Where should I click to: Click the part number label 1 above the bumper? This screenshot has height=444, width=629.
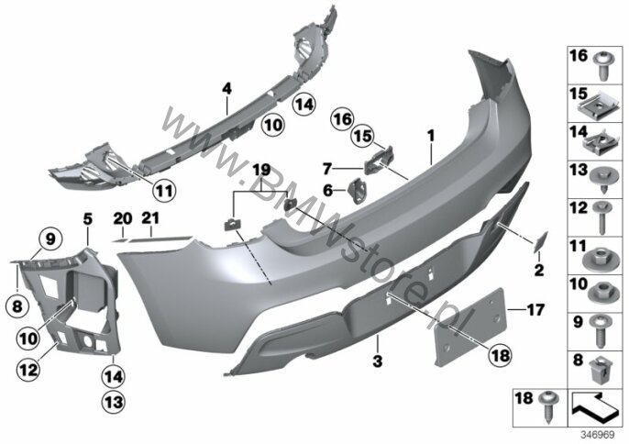tap(431, 136)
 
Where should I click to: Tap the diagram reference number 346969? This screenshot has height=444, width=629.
tap(598, 435)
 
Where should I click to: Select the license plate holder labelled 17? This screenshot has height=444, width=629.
tap(470, 326)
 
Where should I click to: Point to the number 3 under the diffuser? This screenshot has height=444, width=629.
tap(378, 361)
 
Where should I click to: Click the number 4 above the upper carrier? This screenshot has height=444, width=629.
tap(227, 88)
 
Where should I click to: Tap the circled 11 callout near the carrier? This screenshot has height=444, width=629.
tap(164, 190)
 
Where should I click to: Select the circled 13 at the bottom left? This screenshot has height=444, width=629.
tap(114, 402)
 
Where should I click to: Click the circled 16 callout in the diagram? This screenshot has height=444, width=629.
tap(342, 119)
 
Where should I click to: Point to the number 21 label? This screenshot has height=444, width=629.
tap(150, 218)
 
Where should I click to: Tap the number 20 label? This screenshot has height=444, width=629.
tap(123, 218)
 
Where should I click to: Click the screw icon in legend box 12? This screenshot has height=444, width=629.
tap(602, 217)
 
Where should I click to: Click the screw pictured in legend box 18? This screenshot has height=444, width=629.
tap(548, 405)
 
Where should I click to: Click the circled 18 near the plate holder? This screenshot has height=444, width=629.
tap(501, 355)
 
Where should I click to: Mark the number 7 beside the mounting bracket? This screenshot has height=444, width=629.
tap(327, 169)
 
